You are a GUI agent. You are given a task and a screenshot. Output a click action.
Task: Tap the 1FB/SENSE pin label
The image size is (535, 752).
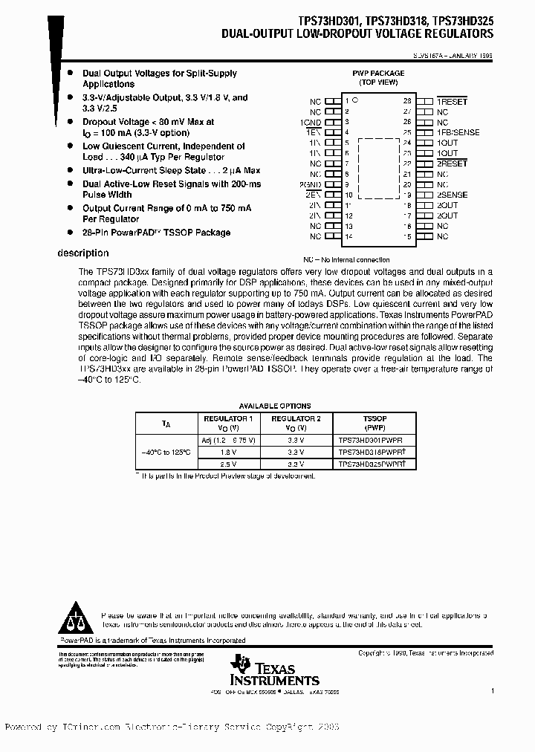click(x=458, y=132)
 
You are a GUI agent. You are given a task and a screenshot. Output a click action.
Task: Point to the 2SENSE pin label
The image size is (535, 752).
click(x=453, y=194)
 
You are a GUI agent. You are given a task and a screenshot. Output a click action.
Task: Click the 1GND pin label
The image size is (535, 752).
click(x=311, y=121)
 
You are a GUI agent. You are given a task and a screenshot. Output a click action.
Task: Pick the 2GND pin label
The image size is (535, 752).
click(x=311, y=184)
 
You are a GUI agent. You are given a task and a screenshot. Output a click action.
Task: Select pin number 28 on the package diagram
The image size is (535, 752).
click(x=406, y=100)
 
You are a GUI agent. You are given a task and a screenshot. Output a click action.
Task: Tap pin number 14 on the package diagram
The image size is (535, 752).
click(x=348, y=236)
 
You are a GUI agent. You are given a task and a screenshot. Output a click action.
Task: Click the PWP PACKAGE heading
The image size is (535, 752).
click(x=377, y=74)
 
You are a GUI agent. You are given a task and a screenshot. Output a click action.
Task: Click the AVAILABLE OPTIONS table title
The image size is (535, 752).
click(x=274, y=406)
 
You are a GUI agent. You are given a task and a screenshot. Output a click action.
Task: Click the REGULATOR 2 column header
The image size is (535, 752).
click(x=295, y=424)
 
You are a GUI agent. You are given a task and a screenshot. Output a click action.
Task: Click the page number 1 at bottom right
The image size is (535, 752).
click(x=491, y=691)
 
